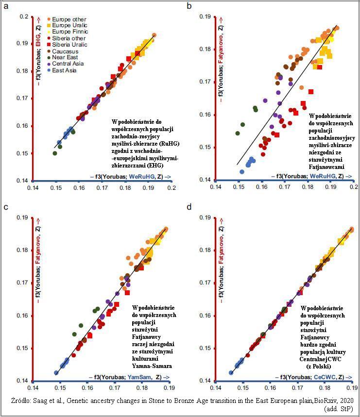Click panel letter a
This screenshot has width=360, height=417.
click(x=5, y=6)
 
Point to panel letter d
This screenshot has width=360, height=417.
click(x=189, y=207)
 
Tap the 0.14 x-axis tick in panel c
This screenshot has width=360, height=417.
click(x=32, y=387)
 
